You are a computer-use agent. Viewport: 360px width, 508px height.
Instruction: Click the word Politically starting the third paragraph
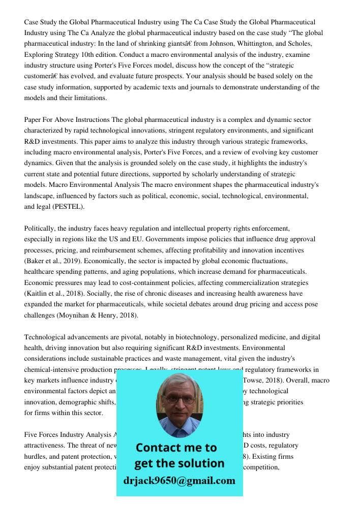click(x=41, y=229)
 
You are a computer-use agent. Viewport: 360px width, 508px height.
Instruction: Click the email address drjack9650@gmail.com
click(x=179, y=480)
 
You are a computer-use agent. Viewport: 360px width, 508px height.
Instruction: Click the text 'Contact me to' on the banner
click(x=176, y=448)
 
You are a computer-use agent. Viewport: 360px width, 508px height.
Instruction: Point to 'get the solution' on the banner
click(x=179, y=463)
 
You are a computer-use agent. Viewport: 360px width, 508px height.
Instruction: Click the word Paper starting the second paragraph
click(x=33, y=120)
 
